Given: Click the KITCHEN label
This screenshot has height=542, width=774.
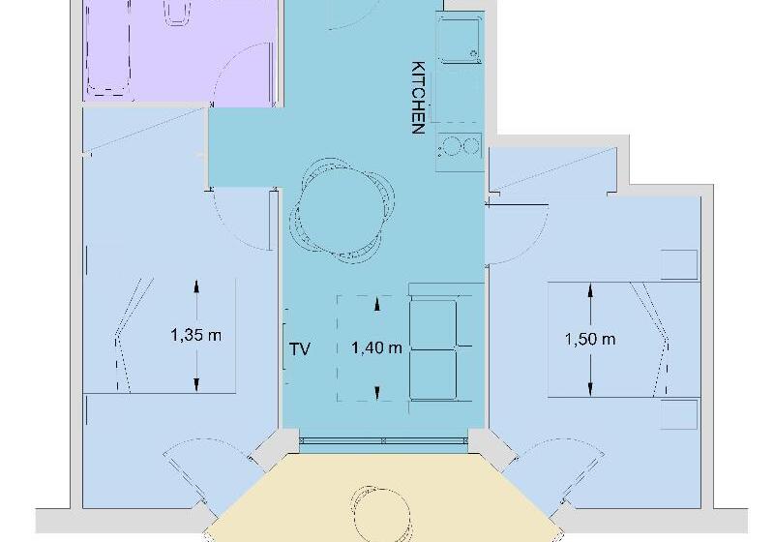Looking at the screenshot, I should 419,98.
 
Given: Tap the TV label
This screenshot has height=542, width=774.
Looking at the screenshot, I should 300,349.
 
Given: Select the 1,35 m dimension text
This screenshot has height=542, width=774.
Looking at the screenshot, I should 196,336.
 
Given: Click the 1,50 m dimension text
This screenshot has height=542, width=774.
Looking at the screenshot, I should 590,340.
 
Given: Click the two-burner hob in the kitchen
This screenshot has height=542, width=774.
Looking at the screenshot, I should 460,147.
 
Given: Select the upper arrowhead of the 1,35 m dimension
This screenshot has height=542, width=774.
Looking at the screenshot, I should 196,286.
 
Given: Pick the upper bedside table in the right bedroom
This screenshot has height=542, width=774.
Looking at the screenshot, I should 679,264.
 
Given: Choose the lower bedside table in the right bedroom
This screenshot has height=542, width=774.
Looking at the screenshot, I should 679,413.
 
